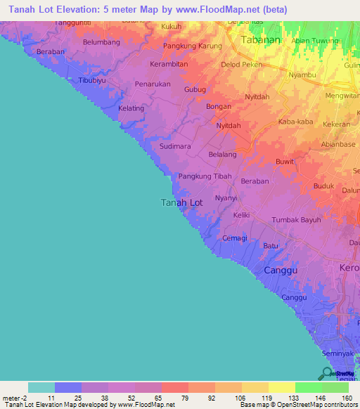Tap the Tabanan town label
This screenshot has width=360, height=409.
[x=260, y=40]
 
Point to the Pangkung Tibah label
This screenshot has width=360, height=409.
[x=205, y=176]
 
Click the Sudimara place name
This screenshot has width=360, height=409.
[x=175, y=147]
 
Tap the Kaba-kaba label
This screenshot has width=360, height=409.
[x=295, y=122]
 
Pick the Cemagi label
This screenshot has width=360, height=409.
[x=235, y=238]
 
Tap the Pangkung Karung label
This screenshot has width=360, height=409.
[x=192, y=46]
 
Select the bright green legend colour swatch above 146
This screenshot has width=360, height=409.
[x=308, y=387]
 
